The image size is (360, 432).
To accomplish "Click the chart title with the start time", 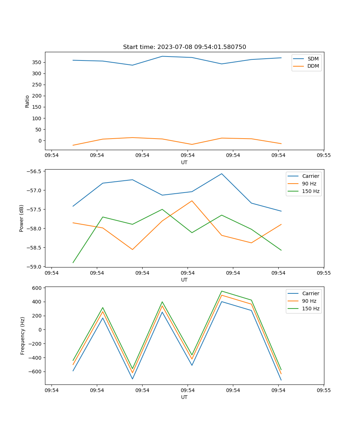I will [x=184, y=47].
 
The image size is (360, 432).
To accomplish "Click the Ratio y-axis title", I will [x=27, y=101].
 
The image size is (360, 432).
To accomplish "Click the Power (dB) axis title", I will [x=22, y=218].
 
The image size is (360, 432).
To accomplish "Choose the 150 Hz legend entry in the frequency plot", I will [x=310, y=309].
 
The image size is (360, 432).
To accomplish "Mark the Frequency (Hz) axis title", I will [x=23, y=336].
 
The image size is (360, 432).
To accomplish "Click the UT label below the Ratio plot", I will [x=184, y=162].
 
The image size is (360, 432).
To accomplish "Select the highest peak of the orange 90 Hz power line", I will [x=192, y=201].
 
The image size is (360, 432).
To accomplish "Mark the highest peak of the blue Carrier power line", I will [x=222, y=174].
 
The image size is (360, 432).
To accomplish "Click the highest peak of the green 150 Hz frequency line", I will [x=222, y=291].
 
